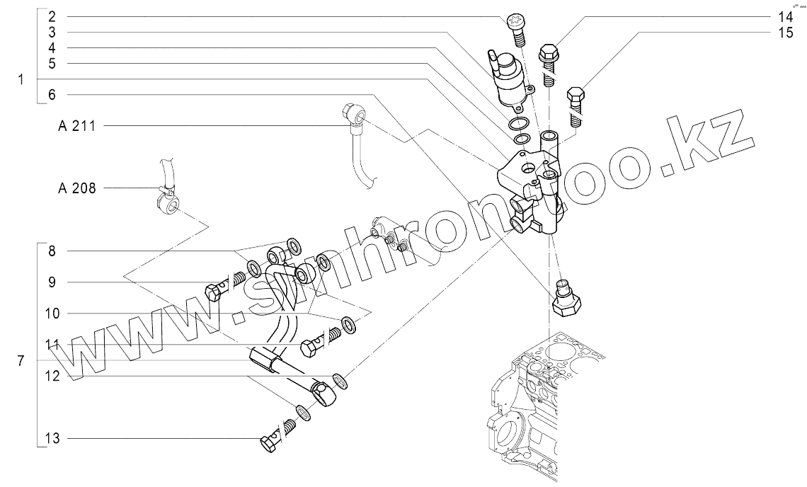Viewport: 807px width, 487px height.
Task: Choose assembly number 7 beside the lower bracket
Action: click(22, 361)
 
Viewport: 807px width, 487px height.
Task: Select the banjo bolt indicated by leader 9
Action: click(217, 290)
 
